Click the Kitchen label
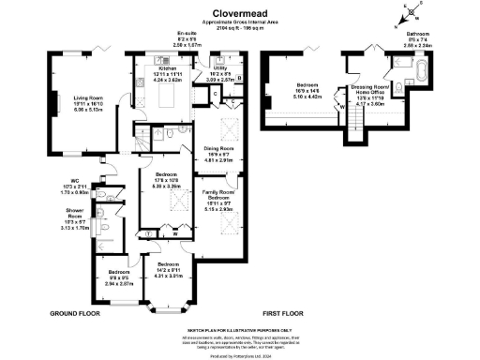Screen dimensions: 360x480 point(168,68)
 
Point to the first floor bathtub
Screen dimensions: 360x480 point(418,71)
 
